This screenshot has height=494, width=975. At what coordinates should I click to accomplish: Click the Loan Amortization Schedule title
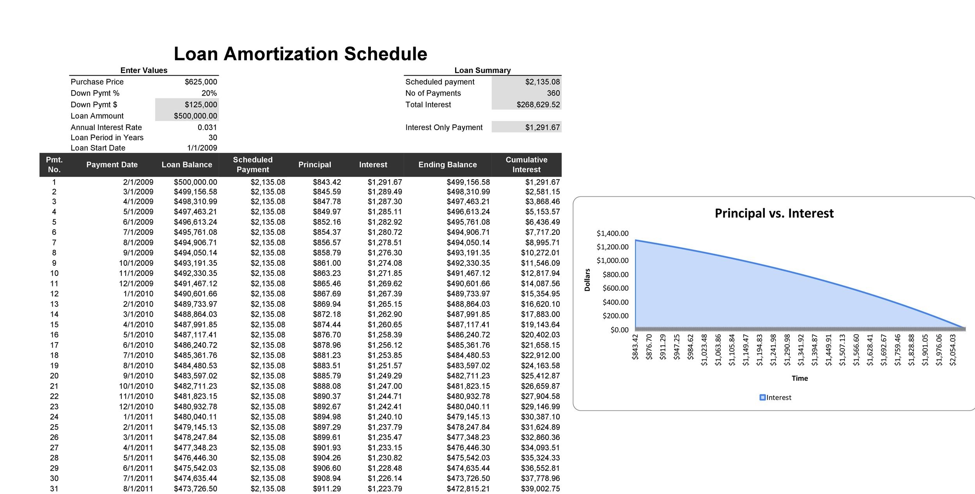(x=300, y=54)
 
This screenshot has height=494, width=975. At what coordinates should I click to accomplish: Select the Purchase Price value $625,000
(x=201, y=82)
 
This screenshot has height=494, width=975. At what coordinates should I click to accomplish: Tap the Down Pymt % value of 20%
(x=209, y=93)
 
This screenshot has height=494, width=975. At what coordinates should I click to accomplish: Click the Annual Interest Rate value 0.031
(x=207, y=127)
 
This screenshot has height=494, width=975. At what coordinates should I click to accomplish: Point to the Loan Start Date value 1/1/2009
(x=202, y=148)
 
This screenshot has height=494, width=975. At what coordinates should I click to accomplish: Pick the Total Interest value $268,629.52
(x=538, y=105)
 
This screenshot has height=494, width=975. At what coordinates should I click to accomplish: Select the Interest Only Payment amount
(x=542, y=127)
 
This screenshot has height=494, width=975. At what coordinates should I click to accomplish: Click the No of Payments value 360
(x=553, y=93)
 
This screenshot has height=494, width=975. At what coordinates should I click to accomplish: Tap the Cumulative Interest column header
(x=526, y=165)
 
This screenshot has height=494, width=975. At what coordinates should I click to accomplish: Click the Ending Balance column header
(x=447, y=165)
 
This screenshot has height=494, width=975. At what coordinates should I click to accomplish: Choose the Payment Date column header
(x=112, y=165)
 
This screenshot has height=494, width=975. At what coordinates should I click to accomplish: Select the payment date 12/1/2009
(x=136, y=284)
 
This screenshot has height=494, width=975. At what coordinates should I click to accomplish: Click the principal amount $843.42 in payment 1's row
(x=326, y=182)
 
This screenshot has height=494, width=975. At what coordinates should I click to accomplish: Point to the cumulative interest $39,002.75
(x=540, y=489)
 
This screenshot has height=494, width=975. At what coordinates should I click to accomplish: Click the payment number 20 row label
(x=54, y=376)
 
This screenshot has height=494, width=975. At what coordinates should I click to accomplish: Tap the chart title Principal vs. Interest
(x=774, y=213)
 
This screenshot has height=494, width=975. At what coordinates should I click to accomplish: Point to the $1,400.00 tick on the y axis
(x=612, y=233)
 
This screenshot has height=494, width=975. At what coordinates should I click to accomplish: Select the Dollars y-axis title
(x=587, y=280)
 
